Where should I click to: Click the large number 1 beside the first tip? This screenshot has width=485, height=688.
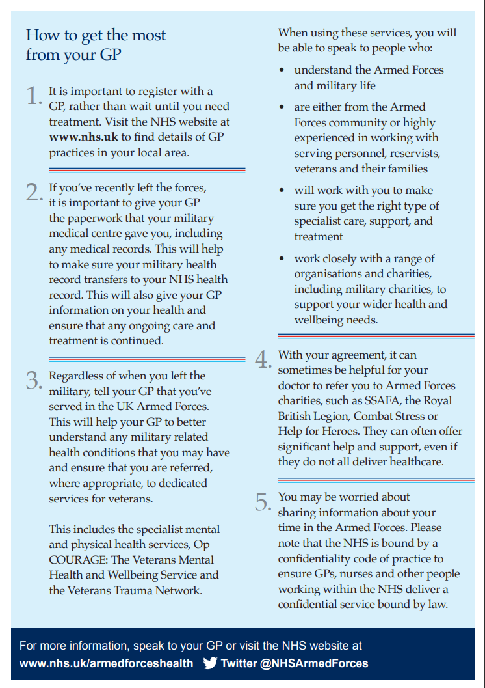(34, 96)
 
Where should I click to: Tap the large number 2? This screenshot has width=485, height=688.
(34, 193)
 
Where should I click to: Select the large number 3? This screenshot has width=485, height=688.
(34, 380)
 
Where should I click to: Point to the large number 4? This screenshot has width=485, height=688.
(263, 360)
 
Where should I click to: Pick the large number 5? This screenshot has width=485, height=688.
(263, 502)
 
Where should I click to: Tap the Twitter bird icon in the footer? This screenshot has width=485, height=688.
(210, 663)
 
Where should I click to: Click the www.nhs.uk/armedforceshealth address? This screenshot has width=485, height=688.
(107, 663)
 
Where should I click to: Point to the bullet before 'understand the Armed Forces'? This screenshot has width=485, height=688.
(282, 70)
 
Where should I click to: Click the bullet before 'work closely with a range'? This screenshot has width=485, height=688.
(282, 259)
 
